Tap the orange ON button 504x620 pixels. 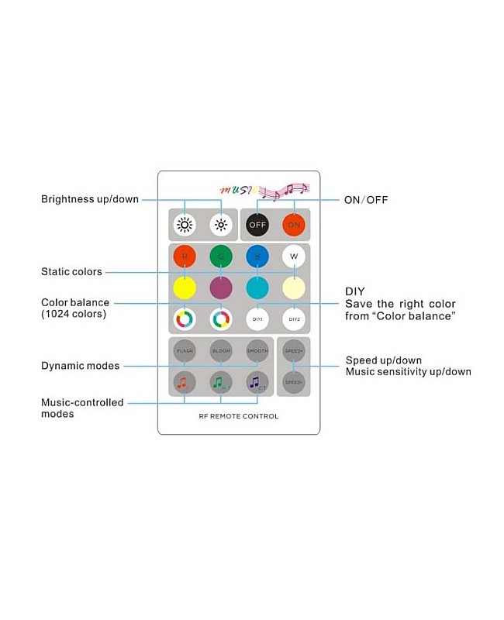tap(294, 225)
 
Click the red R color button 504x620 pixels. tap(185, 257)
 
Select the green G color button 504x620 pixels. tap(221, 257)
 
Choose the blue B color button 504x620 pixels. tap(257, 257)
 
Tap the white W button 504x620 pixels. tap(294, 257)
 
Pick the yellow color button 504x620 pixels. tap(185, 288)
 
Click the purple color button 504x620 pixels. tap(221, 288)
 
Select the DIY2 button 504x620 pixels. tap(294, 319)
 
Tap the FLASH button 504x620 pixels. tap(185, 350)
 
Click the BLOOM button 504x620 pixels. tap(221, 350)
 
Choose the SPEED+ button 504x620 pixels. tap(293, 350)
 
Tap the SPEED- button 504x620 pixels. tap(293, 381)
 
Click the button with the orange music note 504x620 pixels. tap(185, 381)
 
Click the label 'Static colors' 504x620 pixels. tap(71, 272)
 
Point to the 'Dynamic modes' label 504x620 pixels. tap(80, 366)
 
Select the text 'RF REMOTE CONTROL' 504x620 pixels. tap(239, 416)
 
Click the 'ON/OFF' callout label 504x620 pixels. tap(366, 200)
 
